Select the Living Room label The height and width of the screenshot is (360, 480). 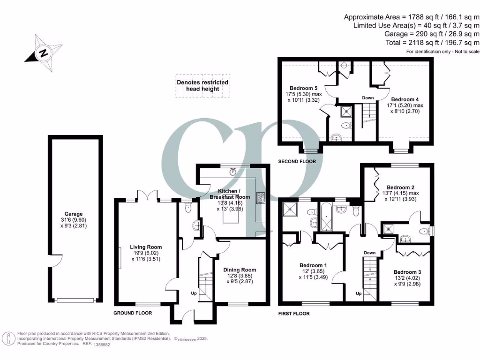pos(146,247)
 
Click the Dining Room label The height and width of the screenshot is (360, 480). pos(239,270)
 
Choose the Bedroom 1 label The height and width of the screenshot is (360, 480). pos(313,265)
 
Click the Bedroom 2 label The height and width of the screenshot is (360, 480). pos(398,186)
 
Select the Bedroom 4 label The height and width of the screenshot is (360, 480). pos(405,99)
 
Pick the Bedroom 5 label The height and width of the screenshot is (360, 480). pos(303,88)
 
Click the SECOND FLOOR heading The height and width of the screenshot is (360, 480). pos(297,161)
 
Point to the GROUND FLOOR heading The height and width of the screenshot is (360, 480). pos(133,313)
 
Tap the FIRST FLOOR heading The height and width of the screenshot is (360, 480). pos(294,314)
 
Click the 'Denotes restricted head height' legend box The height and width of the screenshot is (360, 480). pos(202,86)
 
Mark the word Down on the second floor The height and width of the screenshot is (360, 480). pos(368,98)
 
